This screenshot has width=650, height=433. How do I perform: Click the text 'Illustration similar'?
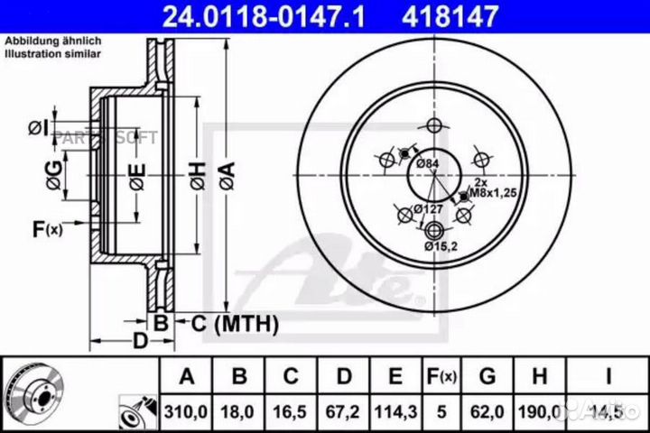click(53, 53)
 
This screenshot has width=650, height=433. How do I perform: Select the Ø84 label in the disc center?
click(427, 162)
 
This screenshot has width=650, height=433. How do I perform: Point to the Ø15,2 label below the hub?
click(439, 245)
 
